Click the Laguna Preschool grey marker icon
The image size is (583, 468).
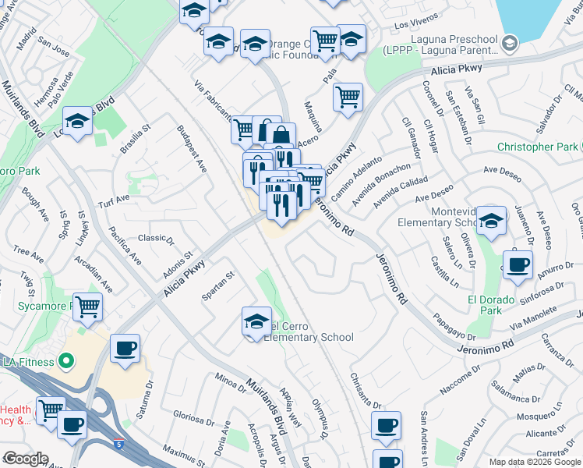coord(511,41)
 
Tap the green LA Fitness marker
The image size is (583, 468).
coord(66,361)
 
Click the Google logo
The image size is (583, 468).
coord(26,459)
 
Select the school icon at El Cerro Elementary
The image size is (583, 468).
coord(256,321)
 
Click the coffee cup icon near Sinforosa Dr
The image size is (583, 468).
coord(518,264)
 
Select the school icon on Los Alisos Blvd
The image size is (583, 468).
coord(77,120)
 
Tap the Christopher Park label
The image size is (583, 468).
coord(538,147)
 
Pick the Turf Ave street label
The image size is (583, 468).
coord(114,199)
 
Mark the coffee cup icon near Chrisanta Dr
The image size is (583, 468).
coord(385,426)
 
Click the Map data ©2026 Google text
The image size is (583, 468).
coord(535,462)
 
